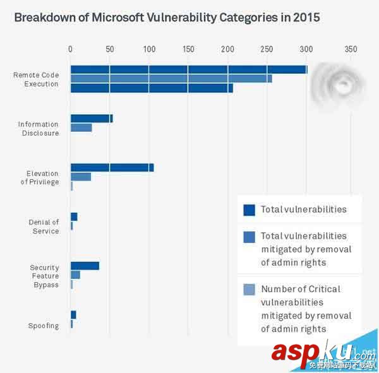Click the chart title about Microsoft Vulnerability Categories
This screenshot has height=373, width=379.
click(x=167, y=18)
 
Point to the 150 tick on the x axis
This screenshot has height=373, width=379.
click(x=188, y=49)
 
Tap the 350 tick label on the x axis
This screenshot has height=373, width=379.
click(x=351, y=49)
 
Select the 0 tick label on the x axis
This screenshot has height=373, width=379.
click(x=70, y=49)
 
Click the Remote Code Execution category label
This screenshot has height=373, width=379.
click(x=37, y=80)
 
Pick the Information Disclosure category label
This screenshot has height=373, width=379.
click(x=39, y=129)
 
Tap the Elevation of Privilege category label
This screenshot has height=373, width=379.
click(x=42, y=178)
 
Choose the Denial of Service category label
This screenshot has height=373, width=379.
click(x=44, y=227)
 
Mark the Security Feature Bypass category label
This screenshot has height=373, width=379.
click(x=44, y=276)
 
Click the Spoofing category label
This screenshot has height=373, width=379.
click(x=44, y=326)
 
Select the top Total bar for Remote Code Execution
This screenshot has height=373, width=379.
click(x=188, y=69)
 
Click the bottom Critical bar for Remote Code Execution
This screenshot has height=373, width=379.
click(x=152, y=88)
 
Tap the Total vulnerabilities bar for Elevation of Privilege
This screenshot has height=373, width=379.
click(x=112, y=167)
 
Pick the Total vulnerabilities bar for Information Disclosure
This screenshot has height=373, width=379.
click(x=92, y=118)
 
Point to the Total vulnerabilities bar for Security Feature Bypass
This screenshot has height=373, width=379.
click(x=85, y=266)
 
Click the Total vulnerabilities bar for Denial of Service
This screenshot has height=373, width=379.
click(x=74, y=216)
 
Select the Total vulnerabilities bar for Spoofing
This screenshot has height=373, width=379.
click(x=73, y=314)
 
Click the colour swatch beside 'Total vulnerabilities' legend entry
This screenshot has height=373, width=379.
click(x=249, y=210)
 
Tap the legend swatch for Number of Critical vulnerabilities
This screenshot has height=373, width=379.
click(x=249, y=290)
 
